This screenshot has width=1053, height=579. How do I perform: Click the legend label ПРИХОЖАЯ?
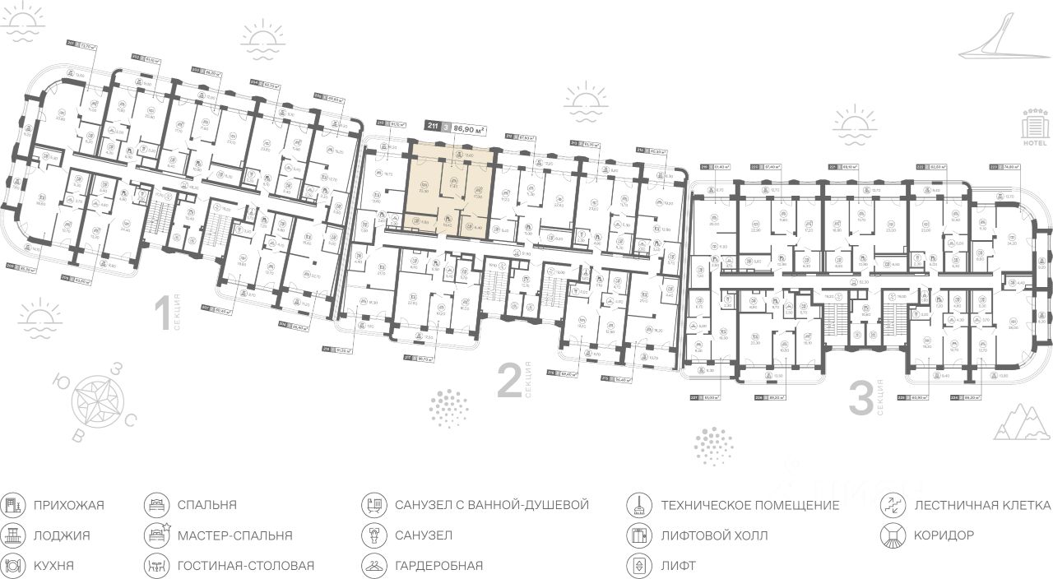(69, 505)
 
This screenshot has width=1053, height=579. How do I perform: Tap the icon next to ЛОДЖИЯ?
(13, 535)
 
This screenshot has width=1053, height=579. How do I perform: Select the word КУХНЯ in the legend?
(54, 566)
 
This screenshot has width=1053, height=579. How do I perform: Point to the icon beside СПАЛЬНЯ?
(155, 505)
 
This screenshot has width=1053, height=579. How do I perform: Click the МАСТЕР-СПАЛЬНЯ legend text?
(234, 535)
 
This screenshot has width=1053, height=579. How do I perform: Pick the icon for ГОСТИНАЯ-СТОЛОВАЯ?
(155, 566)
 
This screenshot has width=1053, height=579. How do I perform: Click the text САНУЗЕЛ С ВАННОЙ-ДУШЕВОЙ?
(492, 505)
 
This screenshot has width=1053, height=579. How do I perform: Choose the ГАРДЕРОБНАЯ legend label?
(438, 566)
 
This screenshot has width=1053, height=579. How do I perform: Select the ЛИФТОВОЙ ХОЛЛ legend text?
(714, 535)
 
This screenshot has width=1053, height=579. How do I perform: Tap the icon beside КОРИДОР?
(892, 535)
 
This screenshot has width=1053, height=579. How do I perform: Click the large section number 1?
(162, 315)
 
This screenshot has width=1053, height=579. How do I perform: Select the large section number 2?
(509, 382)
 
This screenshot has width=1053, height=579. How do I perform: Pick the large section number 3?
(860, 400)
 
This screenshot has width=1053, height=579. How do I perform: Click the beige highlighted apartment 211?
(452, 191)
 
